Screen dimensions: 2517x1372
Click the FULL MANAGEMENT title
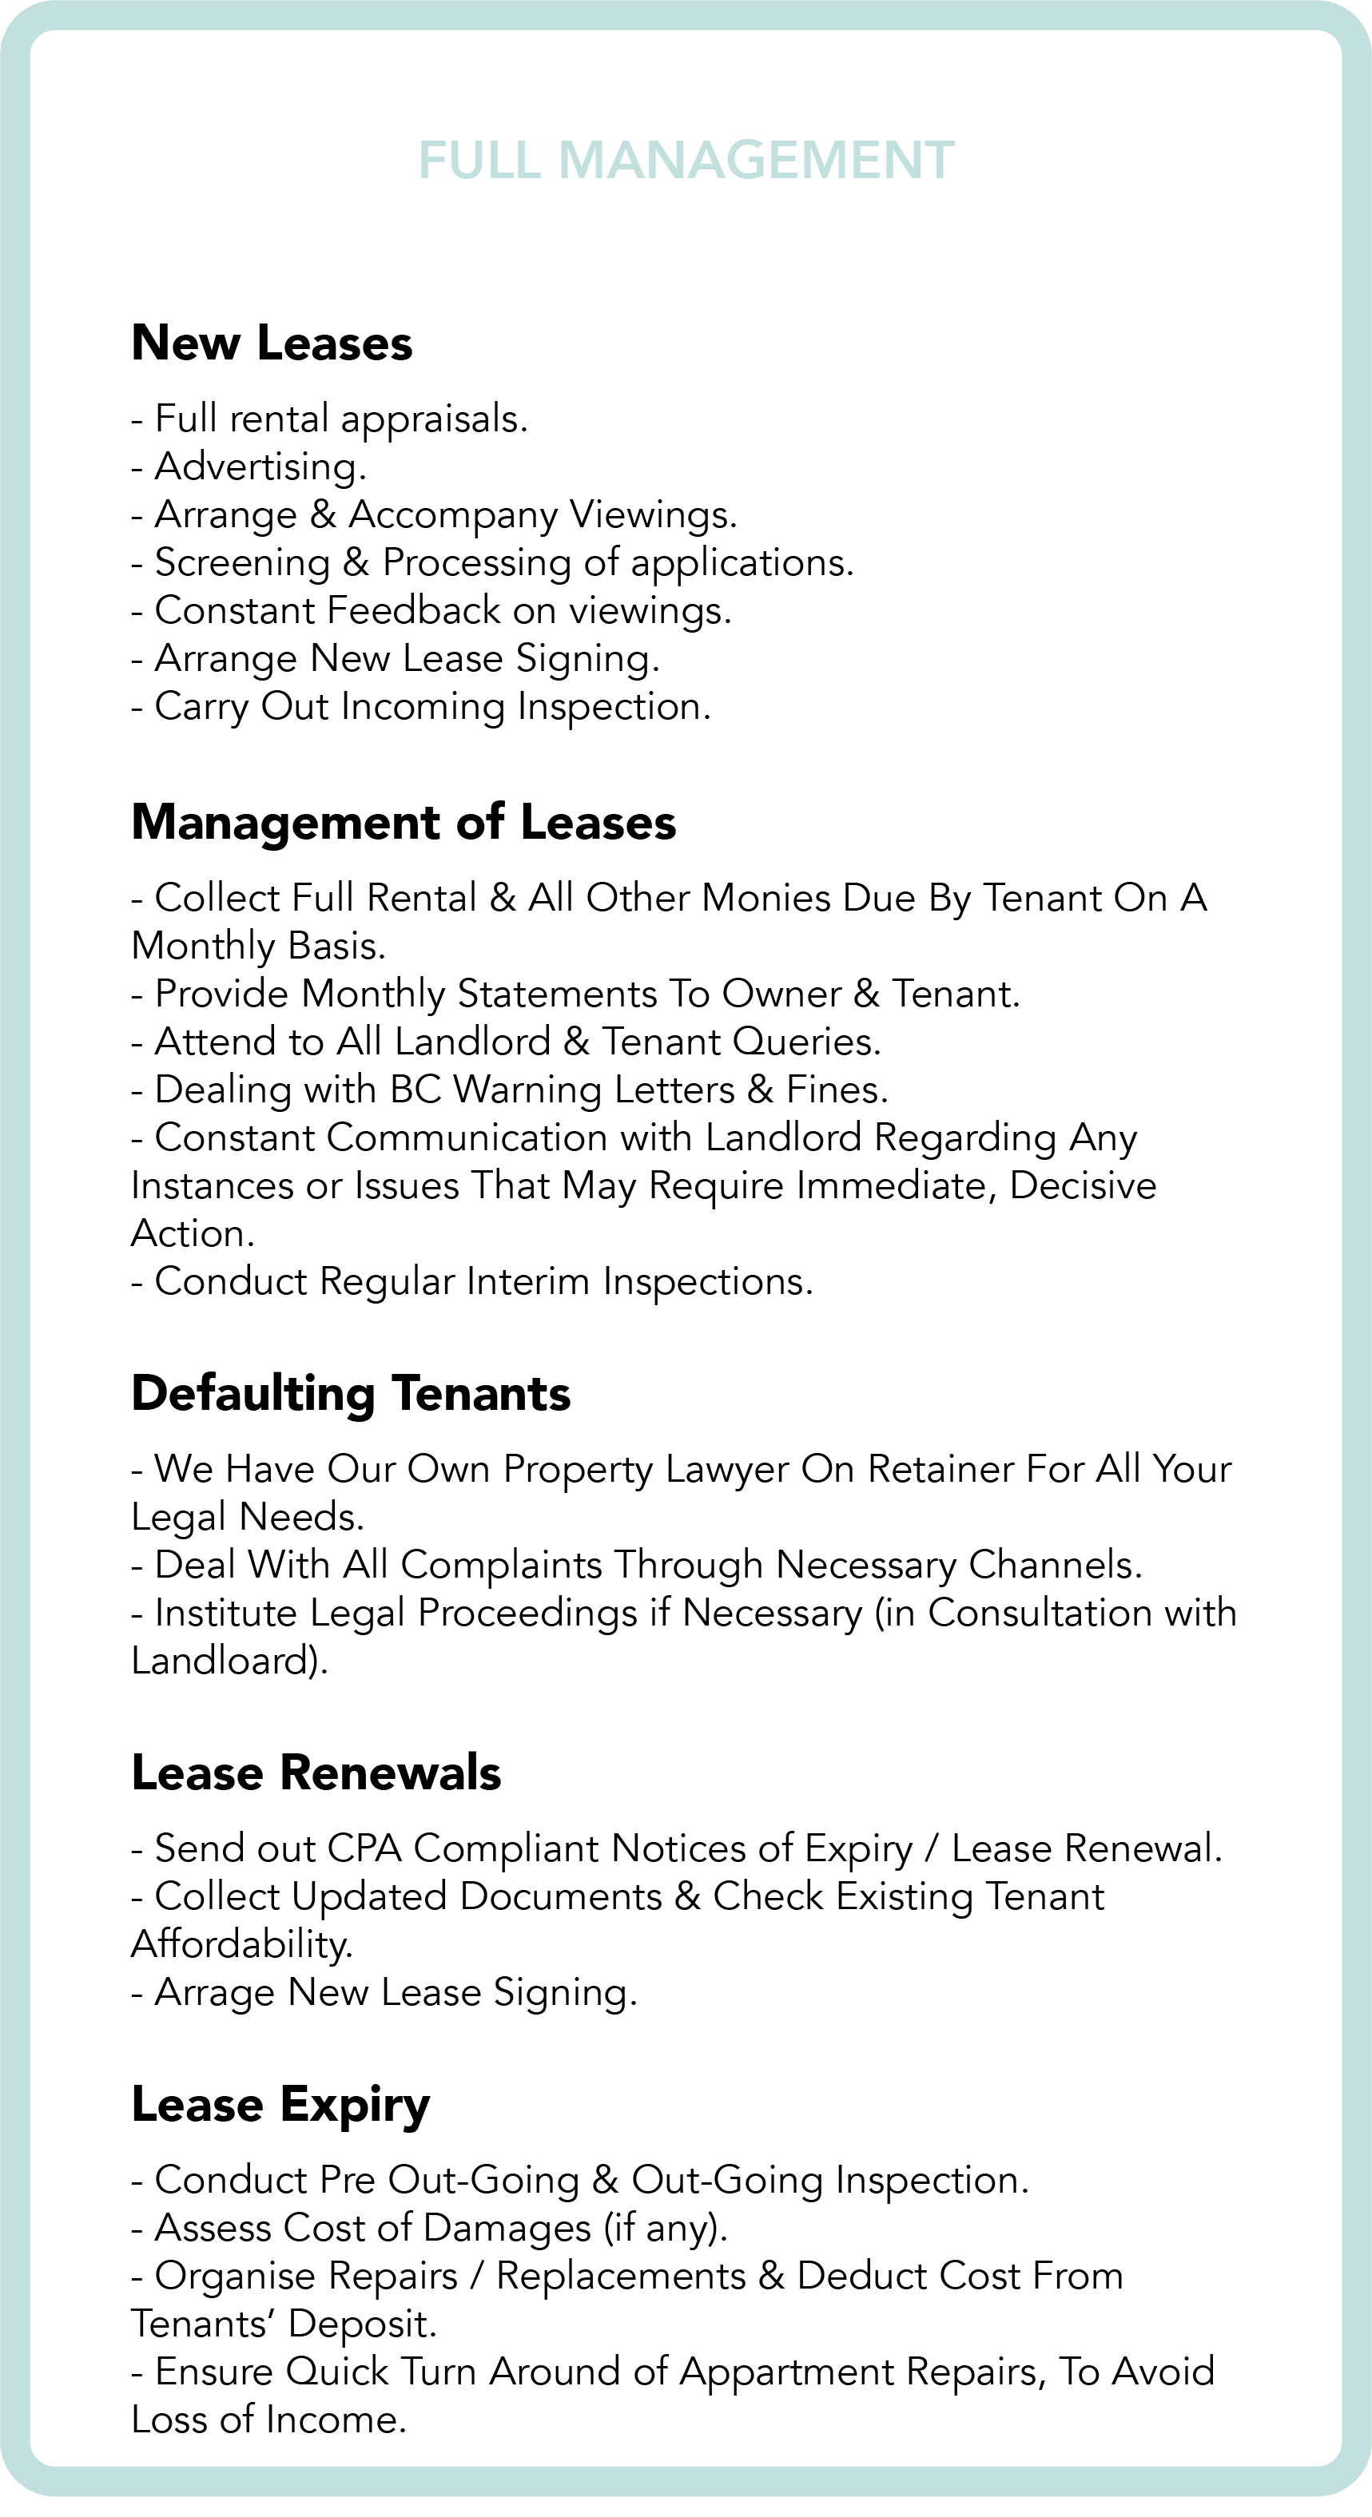point(686,161)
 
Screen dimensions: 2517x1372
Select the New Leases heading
point(272,343)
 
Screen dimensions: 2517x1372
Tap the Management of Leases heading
point(403,822)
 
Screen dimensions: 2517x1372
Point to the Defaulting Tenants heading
point(350,1393)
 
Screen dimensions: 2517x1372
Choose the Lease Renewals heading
point(316,1773)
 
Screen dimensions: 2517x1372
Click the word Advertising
point(258,467)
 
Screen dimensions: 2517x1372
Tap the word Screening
point(242,563)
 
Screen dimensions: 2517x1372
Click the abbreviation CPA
point(364,1848)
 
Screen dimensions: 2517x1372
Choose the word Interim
point(527,1282)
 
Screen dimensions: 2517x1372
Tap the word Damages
point(507,2228)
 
